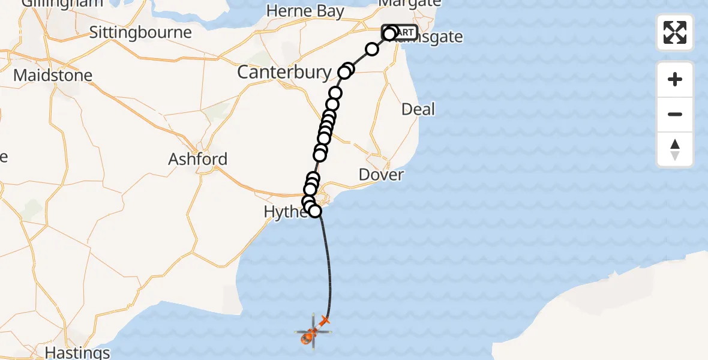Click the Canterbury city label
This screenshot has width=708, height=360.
(284, 73)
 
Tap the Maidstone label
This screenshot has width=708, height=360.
(53, 76)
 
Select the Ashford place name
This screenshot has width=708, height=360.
(197, 159)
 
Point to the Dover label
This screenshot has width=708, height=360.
(381, 175)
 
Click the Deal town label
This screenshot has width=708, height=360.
(418, 109)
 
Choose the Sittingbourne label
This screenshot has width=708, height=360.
(140, 32)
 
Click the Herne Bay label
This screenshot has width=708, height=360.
(305, 11)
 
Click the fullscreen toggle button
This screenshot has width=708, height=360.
(675, 32)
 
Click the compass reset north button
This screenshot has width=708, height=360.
(675, 149)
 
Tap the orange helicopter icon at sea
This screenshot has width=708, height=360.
(309, 337)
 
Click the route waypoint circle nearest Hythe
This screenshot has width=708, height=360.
(314, 211)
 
